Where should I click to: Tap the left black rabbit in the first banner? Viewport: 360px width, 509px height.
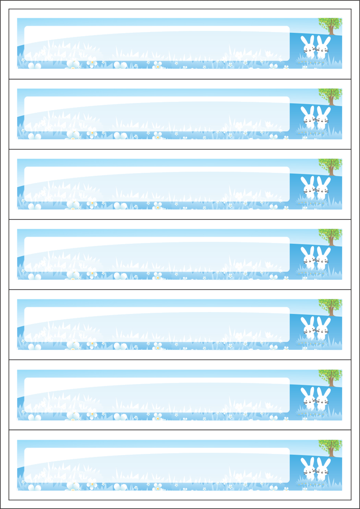(308, 47)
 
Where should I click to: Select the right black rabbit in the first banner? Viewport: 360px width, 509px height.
(323, 47)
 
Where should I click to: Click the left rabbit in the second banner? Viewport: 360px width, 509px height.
(308, 117)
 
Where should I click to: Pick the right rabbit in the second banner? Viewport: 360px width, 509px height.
(323, 117)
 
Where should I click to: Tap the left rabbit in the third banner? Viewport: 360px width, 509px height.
(308, 188)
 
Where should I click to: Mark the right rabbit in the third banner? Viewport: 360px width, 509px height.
(323, 188)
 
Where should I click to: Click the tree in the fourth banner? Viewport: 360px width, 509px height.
(330, 236)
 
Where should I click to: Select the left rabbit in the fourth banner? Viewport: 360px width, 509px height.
(308, 258)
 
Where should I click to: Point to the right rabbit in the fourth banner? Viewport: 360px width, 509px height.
(323, 258)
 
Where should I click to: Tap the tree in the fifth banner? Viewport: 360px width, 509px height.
(330, 306)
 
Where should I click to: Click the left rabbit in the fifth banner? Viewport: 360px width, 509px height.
(308, 328)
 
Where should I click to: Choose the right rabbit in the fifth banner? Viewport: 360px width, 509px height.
(323, 328)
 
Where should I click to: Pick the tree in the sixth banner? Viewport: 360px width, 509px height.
(330, 377)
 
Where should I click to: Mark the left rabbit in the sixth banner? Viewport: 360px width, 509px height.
(308, 398)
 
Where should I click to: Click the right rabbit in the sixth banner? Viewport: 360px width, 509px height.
(323, 398)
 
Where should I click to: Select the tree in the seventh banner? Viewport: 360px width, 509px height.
(330, 447)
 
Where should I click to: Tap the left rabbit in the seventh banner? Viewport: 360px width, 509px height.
(308, 469)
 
